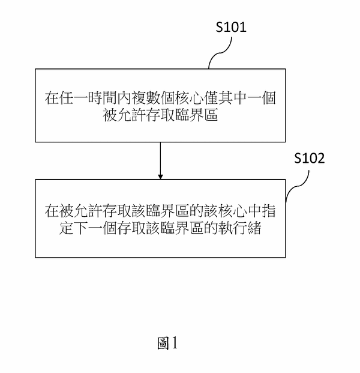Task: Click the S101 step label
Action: pyautogui.click(x=231, y=27)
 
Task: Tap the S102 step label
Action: pyautogui.click(x=310, y=158)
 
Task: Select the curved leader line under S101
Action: pyautogui.click(x=220, y=53)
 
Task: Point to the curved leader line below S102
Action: pyautogui.click(x=298, y=186)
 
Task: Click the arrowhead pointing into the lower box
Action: pyautogui.click(x=160, y=177)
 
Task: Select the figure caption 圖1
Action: pyautogui.click(x=167, y=343)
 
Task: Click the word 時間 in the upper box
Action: pyautogui.click(x=103, y=98)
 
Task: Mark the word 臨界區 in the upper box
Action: pyautogui.click(x=197, y=115)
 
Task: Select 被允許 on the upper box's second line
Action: pyautogui.click(x=124, y=115)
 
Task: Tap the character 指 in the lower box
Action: pyautogui.click(x=269, y=211)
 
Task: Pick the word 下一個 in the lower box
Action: pyautogui.click(x=95, y=228)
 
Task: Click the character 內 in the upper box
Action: pyautogui.click(x=125, y=98)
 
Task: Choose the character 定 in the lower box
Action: pyautogui.click(x=67, y=228)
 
